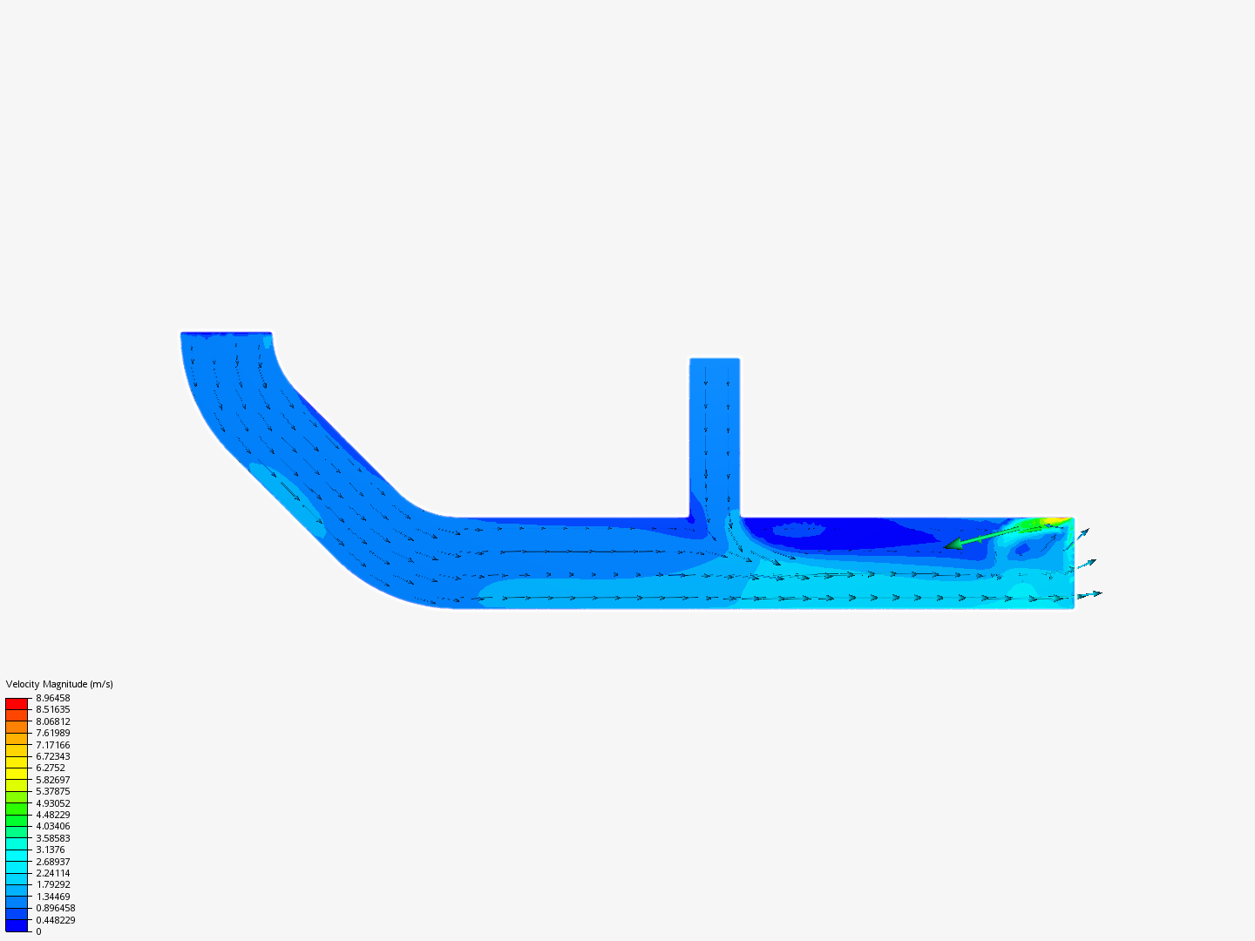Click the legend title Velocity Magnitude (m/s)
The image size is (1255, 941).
point(59,684)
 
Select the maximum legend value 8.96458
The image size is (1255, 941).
point(52,698)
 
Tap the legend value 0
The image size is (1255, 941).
point(38,931)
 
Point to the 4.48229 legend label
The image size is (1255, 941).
point(52,815)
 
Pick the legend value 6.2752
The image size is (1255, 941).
point(50,768)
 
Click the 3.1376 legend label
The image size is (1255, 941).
point(50,850)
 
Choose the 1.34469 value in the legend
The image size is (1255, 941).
point(52,897)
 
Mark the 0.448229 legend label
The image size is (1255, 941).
point(55,920)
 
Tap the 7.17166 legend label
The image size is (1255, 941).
point(52,745)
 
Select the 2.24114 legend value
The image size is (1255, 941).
point(52,873)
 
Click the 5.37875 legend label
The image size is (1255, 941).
point(52,791)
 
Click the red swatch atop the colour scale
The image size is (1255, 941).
point(17,703)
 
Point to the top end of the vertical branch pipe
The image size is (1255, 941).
point(715,360)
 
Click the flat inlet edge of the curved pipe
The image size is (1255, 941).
point(226,333)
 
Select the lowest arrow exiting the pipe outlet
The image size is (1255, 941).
point(1089,595)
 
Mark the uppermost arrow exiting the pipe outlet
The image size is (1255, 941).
point(1080,534)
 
